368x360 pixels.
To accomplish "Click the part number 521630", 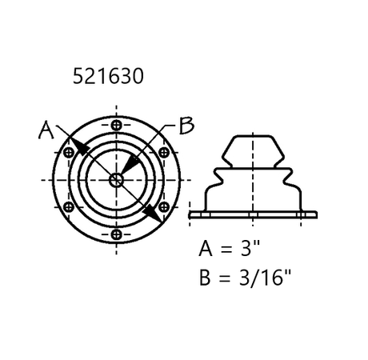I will click(x=108, y=78).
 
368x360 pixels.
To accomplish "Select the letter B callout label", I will click(x=185, y=126).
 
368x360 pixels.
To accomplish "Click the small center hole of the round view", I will click(x=117, y=180).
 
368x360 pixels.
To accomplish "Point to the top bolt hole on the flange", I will click(x=118, y=126).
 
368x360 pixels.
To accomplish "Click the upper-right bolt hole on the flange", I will click(x=164, y=153).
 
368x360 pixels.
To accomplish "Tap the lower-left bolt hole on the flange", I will click(x=70, y=207).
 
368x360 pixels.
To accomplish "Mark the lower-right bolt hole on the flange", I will click(x=164, y=207).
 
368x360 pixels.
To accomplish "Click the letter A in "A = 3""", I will click(x=206, y=248).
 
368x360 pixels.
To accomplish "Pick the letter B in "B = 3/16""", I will click(x=206, y=278).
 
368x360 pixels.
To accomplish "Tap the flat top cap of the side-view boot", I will click(x=253, y=137).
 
